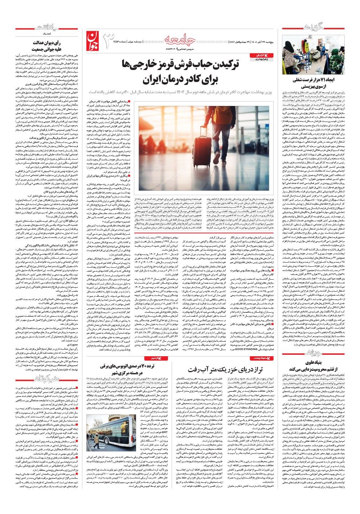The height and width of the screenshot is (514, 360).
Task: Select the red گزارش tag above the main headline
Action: (x=257, y=54)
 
